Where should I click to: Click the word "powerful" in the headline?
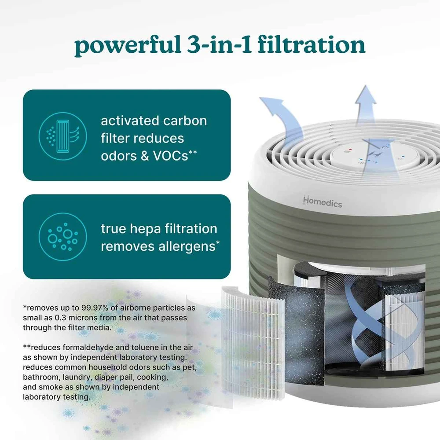click(x=128, y=45)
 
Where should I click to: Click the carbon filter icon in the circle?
click(x=62, y=136)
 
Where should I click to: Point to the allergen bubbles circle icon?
click(x=62, y=237)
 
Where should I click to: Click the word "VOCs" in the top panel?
click(x=170, y=156)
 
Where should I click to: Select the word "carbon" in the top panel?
click(x=185, y=121)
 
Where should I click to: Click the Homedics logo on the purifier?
click(x=323, y=202)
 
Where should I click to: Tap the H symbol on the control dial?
click(x=375, y=154)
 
